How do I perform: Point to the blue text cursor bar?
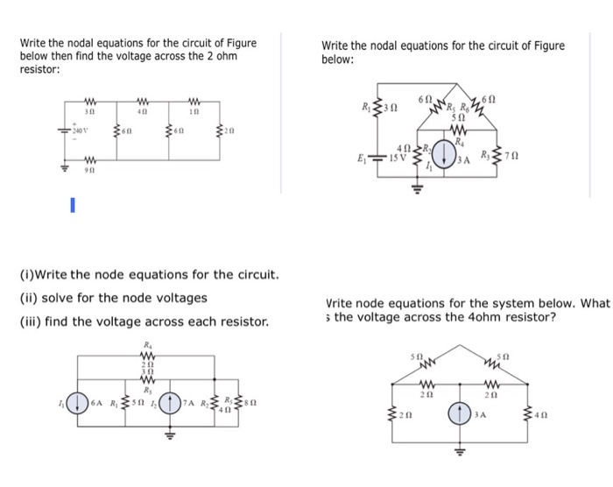(74, 208)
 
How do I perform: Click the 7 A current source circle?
(173, 404)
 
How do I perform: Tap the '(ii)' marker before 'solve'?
(27, 298)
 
